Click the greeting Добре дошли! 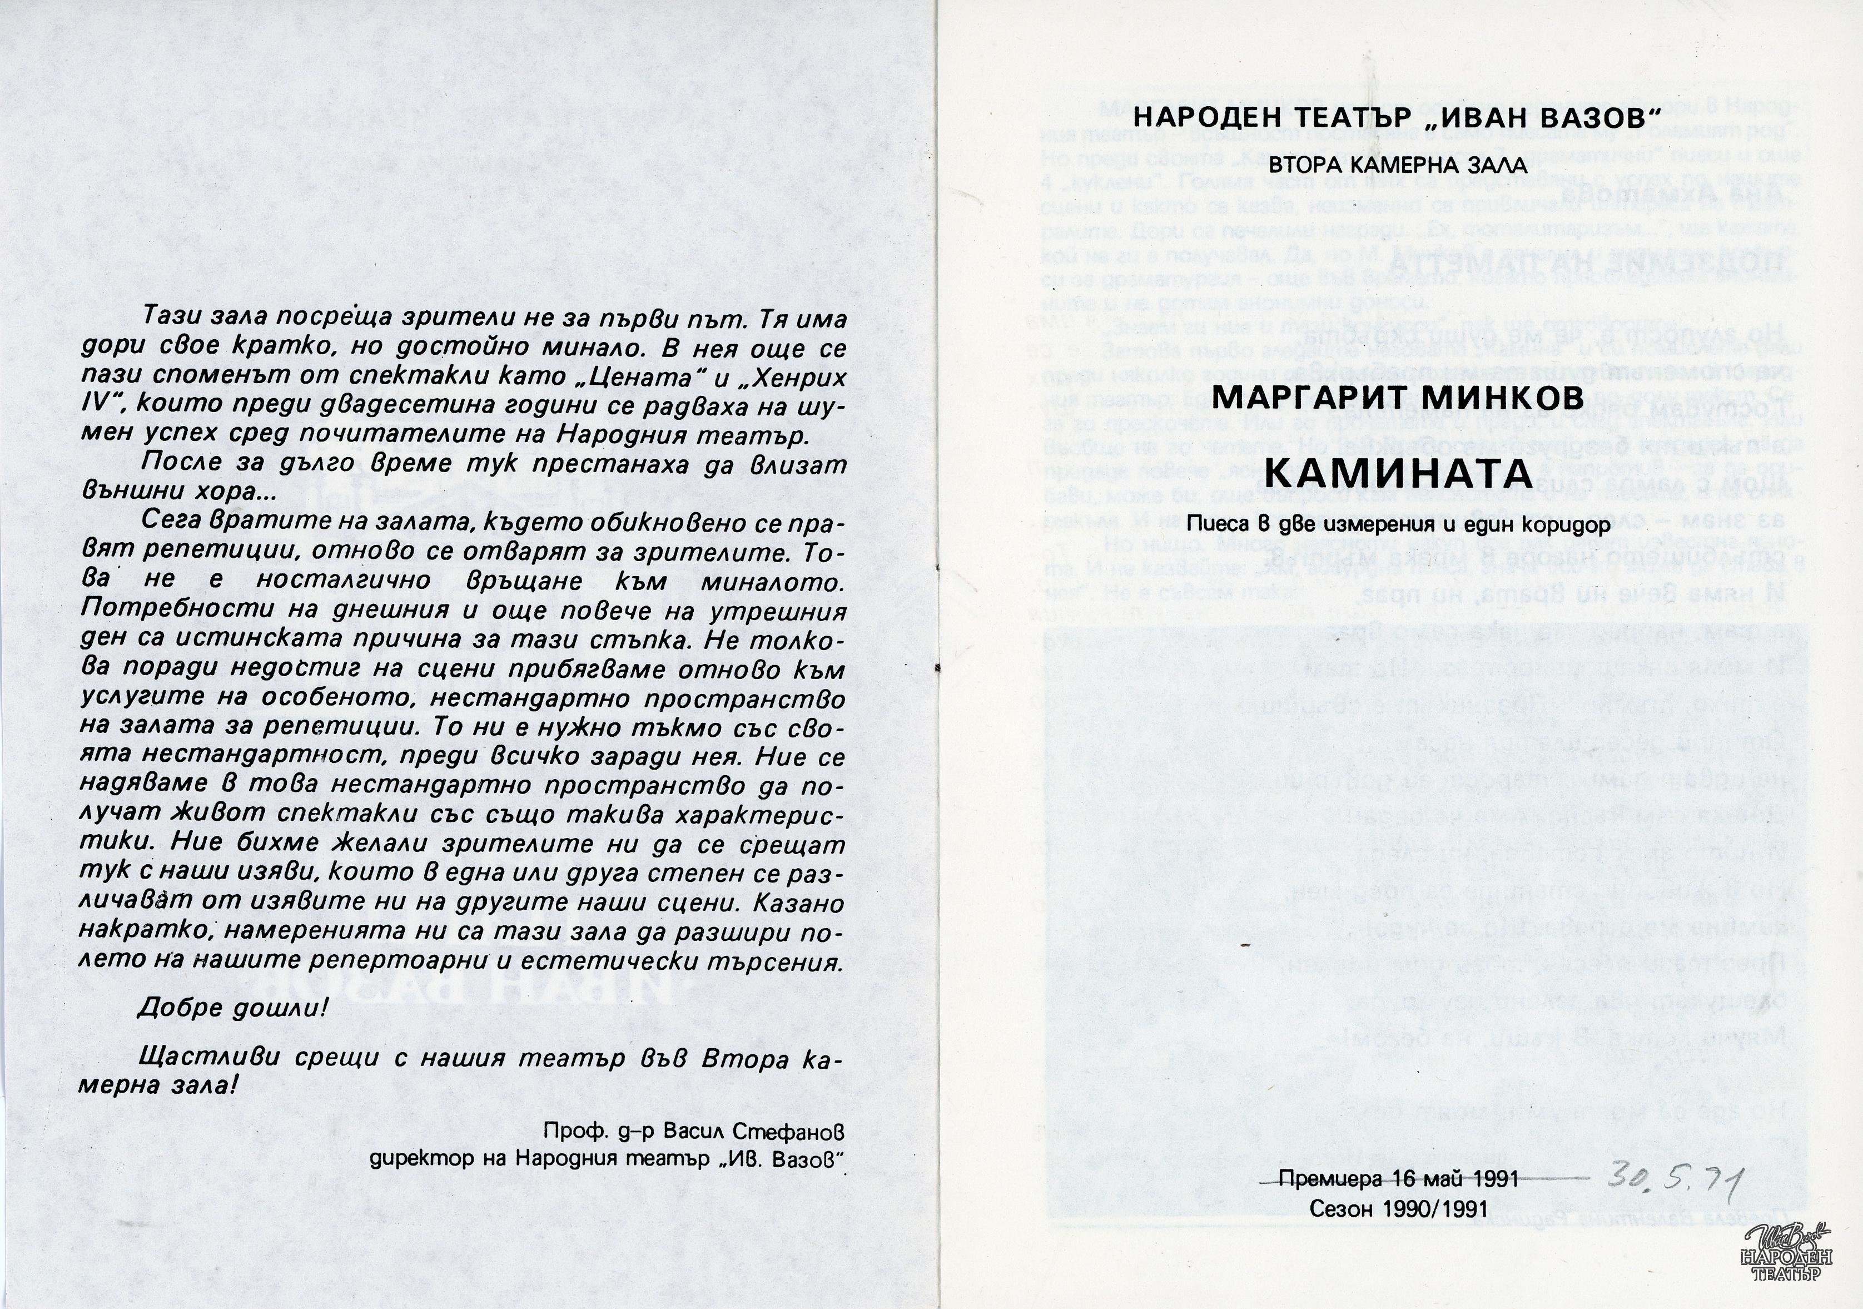(234, 1008)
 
